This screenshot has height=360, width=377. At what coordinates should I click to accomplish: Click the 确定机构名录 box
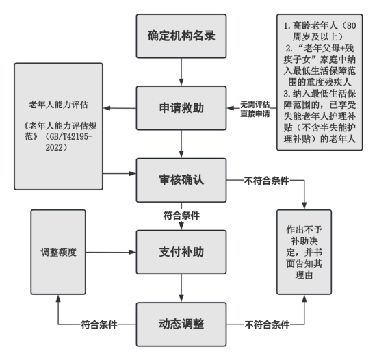181,36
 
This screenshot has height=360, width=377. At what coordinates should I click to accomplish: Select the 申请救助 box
181,108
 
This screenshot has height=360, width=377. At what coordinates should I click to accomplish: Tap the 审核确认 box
181,180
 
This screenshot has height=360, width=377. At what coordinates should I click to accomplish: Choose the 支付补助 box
181,252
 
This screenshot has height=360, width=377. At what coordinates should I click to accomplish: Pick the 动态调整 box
181,324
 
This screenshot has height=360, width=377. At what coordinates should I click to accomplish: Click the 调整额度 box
58,252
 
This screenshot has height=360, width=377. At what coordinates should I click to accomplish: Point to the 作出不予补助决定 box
304,252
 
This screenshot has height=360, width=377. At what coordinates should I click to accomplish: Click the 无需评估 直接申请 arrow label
255,109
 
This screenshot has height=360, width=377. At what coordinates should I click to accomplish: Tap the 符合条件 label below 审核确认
181,215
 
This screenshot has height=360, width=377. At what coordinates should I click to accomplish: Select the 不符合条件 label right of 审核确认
266,181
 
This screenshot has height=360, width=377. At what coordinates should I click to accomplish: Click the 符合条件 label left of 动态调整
99,324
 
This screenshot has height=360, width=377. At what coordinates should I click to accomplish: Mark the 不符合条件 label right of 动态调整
267,324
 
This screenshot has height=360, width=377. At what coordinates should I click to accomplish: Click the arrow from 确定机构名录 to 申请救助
181,72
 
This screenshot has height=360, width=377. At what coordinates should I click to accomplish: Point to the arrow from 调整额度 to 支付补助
111,252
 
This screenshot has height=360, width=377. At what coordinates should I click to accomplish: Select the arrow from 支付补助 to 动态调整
181,288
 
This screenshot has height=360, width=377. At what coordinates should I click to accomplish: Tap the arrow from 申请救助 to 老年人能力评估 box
120,108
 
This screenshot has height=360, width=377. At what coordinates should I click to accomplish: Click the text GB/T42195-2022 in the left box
69,142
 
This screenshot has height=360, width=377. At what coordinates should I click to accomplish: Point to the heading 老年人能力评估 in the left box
58,105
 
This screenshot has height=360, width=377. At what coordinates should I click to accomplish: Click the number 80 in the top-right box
351,25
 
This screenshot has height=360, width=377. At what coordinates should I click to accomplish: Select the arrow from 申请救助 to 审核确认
181,144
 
